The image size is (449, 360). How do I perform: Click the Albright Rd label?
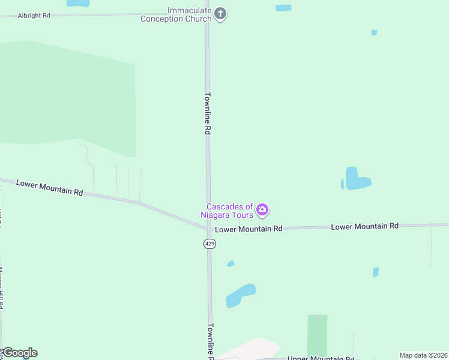tap(34, 15)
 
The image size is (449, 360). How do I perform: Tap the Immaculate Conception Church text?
tap(176, 15)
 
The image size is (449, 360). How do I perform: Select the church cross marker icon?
tap(220, 14)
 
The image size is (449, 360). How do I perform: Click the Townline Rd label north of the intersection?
tap(208, 113)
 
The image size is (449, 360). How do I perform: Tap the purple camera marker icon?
tap(262, 210)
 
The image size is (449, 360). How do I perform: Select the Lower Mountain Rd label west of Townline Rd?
tap(49, 188)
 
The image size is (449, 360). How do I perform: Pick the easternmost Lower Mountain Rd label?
tap(365, 226)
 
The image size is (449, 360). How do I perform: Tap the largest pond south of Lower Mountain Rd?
tap(240, 295)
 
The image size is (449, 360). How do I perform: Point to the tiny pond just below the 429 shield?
tap(231, 263)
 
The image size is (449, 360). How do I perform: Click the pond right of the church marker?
tap(283, 8)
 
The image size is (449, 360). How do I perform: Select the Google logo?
tap(20, 353)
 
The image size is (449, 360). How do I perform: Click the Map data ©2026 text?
tap(423, 355)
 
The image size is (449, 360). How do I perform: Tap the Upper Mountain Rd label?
tap(321, 358)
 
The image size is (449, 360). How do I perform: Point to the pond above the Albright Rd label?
tap(77, 3)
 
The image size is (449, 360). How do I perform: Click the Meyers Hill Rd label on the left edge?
tap(2, 288)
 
